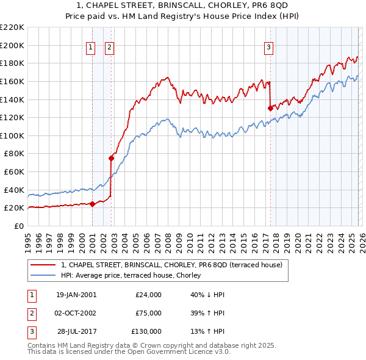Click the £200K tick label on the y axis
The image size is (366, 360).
click(13, 45)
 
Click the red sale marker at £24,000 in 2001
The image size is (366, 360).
click(93, 204)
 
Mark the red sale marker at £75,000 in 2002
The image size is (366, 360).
click(111, 158)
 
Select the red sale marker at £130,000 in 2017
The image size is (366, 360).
click(270, 108)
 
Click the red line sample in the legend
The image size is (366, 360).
click(43, 265)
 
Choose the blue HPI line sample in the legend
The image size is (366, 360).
click(43, 275)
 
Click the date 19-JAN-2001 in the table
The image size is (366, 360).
click(76, 295)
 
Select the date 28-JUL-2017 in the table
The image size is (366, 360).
click(76, 331)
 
